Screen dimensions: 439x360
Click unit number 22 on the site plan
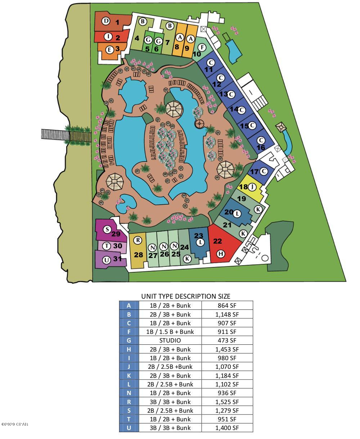coord(217,241)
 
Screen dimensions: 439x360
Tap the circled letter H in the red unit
coord(221,254)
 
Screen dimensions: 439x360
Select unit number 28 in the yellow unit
coord(139,255)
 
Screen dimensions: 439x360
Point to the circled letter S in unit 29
coord(107,230)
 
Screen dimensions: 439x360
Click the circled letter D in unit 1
coord(105,21)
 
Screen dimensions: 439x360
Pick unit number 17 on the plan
coord(254,172)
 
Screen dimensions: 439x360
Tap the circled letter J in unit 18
coord(253,187)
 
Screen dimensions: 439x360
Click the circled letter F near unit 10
coord(202,47)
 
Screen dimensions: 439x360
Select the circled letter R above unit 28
coord(137,240)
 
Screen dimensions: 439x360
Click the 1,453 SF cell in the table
coord(227,349)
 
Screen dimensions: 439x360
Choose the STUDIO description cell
coord(170,340)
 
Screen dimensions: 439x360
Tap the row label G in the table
coord(129,340)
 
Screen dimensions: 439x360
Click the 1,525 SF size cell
coord(227,402)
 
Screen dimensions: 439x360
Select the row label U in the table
coord(129,428)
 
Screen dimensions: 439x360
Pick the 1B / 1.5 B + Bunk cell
coord(170,332)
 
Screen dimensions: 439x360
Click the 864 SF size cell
coord(227,306)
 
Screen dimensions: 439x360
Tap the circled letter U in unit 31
coord(106,260)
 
